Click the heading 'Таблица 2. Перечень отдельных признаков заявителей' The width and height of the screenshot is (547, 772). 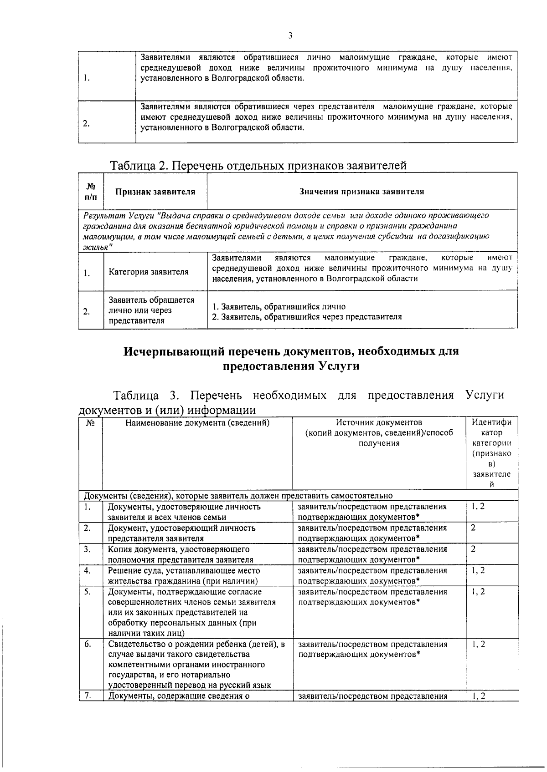point(258,166)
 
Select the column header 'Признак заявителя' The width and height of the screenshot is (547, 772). point(155,192)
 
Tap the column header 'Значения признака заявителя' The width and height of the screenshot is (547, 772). point(361,192)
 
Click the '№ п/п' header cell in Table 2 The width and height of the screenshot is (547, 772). point(91,192)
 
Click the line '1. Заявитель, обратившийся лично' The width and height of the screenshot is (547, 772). point(279,307)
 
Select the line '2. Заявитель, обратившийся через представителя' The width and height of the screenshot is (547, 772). point(307,317)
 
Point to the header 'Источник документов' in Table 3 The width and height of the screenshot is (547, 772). point(379,422)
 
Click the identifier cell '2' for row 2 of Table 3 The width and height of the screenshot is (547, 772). point(473,528)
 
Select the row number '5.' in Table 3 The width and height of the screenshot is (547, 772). point(88,592)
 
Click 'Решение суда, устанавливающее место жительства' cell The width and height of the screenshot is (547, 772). point(184,576)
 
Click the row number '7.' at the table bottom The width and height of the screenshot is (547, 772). point(88,695)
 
